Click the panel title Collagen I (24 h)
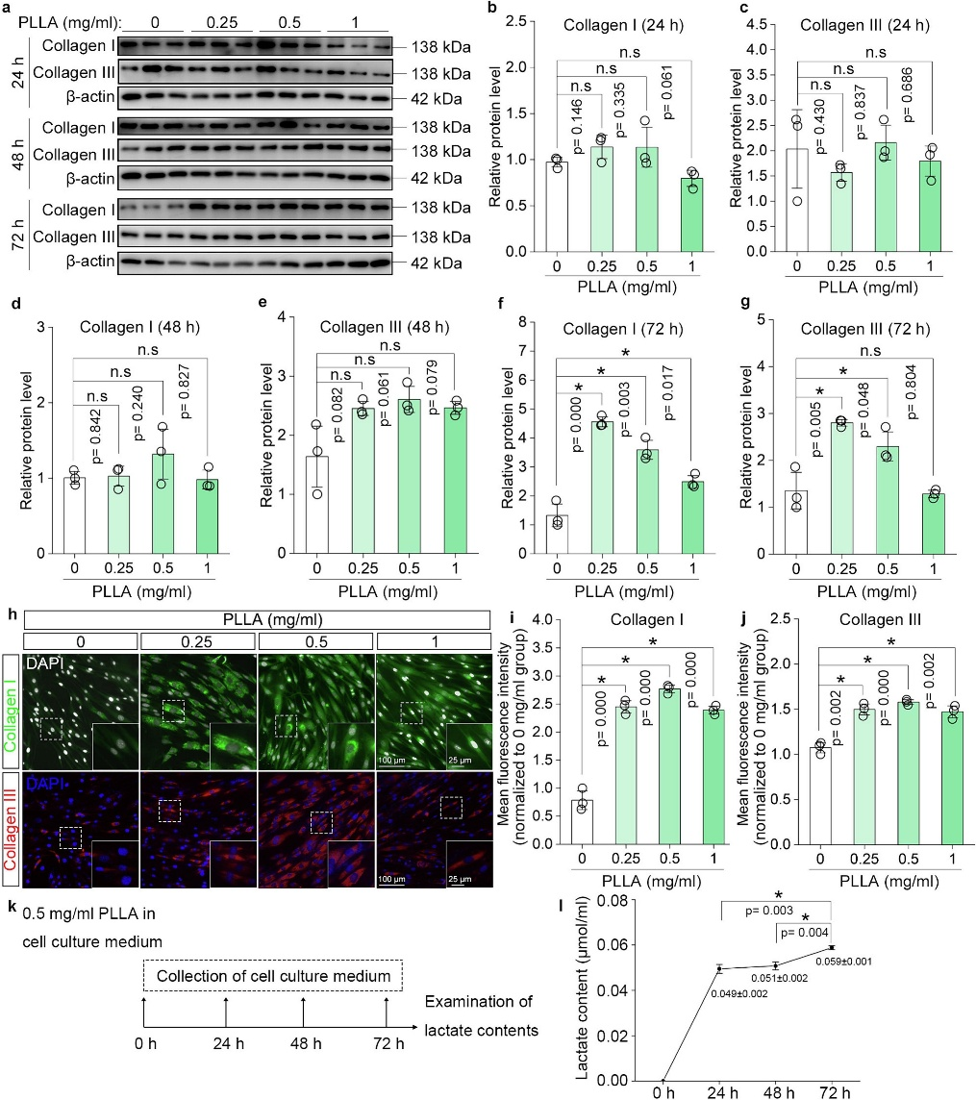623,25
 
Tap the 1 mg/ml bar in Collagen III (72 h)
933,523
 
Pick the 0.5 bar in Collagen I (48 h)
163,504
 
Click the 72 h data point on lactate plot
832,947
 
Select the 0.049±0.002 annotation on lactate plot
738,993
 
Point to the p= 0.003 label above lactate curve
769,910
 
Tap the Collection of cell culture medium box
273,976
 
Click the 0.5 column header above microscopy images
316,641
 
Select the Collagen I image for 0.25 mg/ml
199,712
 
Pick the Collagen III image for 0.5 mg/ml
316,829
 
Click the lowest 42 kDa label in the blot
437,263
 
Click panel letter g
745,302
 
